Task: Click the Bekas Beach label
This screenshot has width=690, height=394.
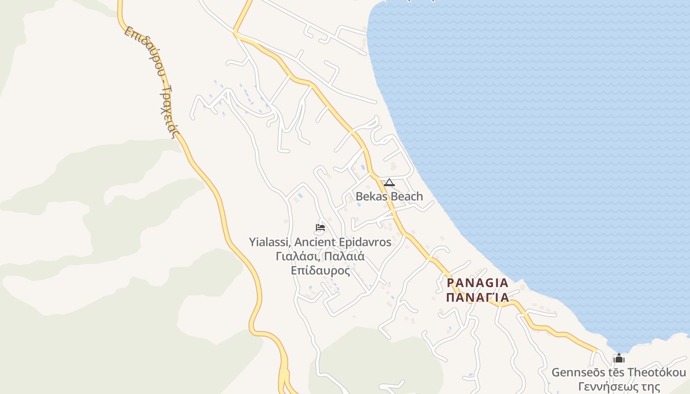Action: (389, 197)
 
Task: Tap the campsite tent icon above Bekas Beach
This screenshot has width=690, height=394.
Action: (389, 183)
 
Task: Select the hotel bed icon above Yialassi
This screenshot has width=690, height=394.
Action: (320, 228)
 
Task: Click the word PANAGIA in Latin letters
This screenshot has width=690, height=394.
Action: (478, 283)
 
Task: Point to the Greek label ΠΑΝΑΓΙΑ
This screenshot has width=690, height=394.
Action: (478, 297)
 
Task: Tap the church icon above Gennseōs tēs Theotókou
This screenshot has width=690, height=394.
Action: (619, 358)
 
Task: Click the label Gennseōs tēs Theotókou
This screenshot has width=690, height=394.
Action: (619, 372)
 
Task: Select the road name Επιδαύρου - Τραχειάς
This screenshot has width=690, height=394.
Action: (152, 81)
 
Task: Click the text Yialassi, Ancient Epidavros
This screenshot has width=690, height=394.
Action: (320, 242)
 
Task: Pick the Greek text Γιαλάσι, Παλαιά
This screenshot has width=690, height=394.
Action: (320, 257)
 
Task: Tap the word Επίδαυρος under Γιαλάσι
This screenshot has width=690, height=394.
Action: (320, 270)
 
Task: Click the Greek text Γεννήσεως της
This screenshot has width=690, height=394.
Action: (619, 387)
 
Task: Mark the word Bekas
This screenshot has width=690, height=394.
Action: (370, 197)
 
